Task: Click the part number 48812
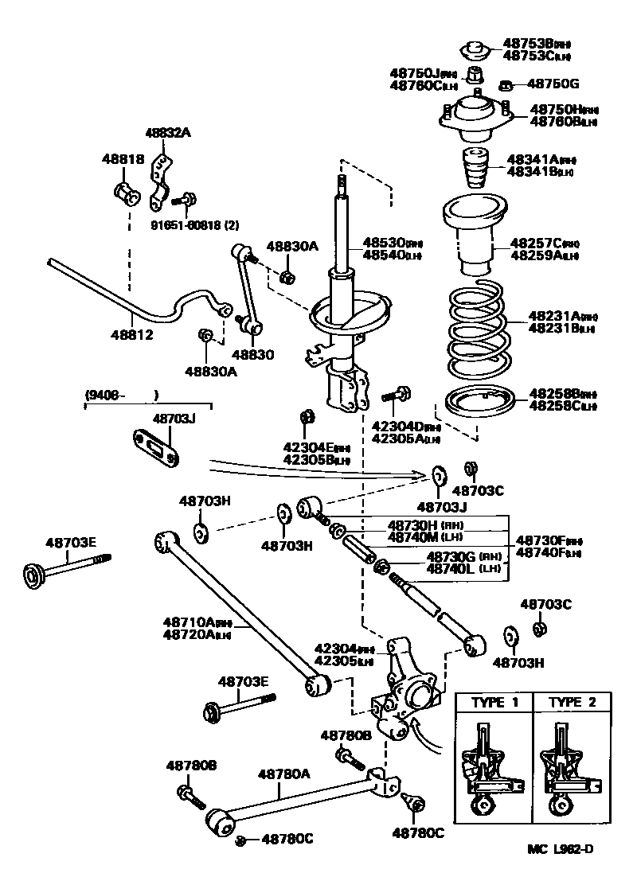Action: click(131, 335)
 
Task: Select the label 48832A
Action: click(168, 133)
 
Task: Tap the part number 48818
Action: click(123, 159)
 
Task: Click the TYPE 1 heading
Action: click(494, 703)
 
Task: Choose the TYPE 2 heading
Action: click(572, 703)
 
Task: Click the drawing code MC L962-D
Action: click(560, 848)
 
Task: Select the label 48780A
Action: click(284, 773)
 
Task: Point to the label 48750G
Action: click(553, 84)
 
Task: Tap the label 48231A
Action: click(554, 316)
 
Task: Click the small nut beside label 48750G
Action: click(505, 84)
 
